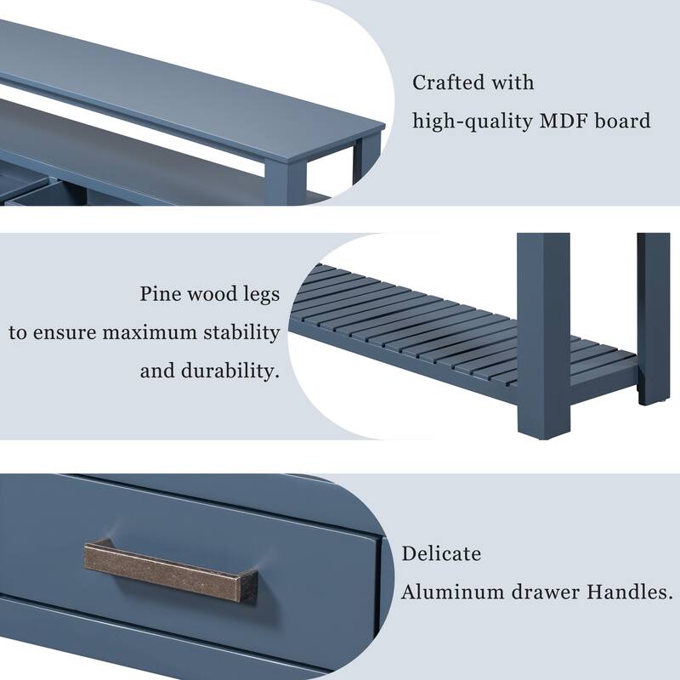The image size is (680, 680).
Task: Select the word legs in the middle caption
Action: [257, 295]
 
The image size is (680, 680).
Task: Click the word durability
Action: [229, 371]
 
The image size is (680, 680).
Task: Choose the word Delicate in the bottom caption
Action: [441, 554]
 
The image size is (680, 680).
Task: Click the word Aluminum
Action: [449, 592]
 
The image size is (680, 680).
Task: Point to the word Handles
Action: [628, 592]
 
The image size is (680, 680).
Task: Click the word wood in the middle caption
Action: [209, 295]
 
